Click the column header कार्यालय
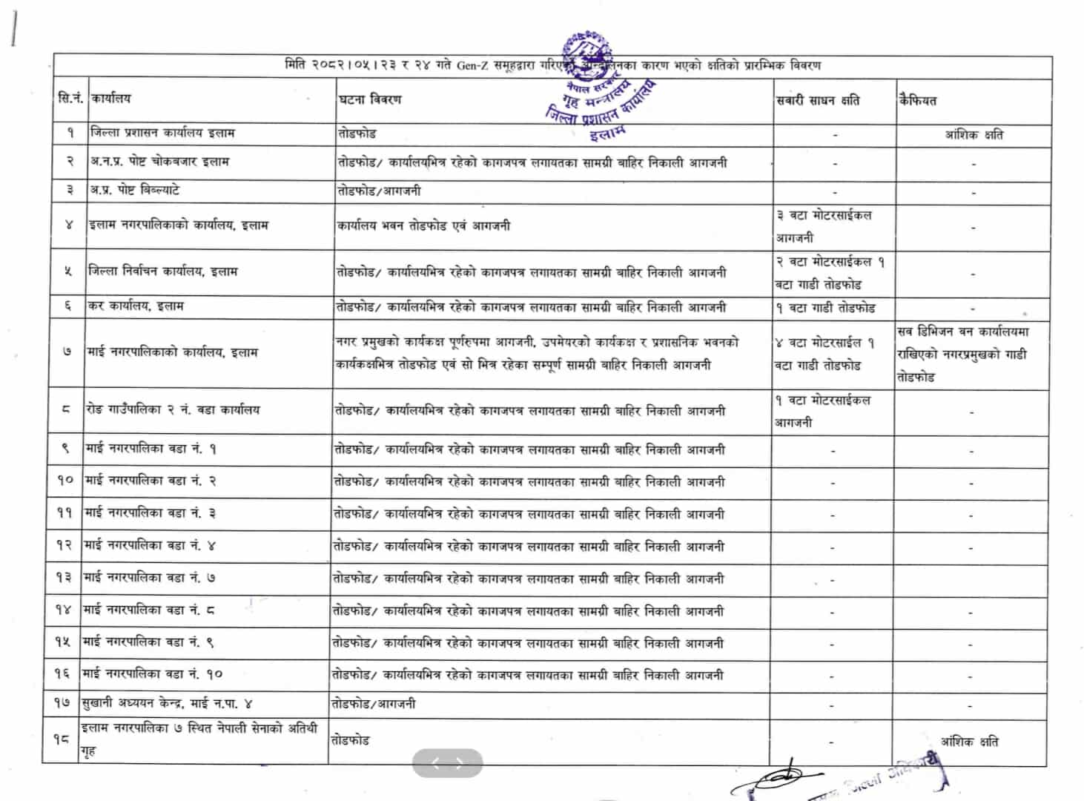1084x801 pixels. tap(110, 98)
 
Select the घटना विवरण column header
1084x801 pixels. tap(370, 99)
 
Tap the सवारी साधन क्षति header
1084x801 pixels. tap(818, 100)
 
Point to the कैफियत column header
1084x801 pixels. tap(918, 100)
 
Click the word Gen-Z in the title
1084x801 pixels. tap(472, 65)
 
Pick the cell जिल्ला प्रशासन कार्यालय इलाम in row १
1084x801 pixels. tap(162, 133)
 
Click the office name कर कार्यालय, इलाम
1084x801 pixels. tap(136, 306)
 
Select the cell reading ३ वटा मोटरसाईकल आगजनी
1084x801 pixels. tap(824, 226)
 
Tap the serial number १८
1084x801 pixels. tap(62, 739)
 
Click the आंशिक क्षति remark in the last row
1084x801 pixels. tap(969, 741)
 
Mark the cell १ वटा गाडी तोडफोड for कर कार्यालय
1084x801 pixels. tap(825, 308)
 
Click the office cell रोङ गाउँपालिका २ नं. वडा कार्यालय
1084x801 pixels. tap(173, 409)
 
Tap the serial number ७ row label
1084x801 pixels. tap(67, 352)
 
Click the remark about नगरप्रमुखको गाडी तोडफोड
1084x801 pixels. tap(962, 354)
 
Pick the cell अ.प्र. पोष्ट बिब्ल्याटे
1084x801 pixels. tap(134, 191)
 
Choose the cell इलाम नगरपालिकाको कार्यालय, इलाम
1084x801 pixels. tap(178, 225)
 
